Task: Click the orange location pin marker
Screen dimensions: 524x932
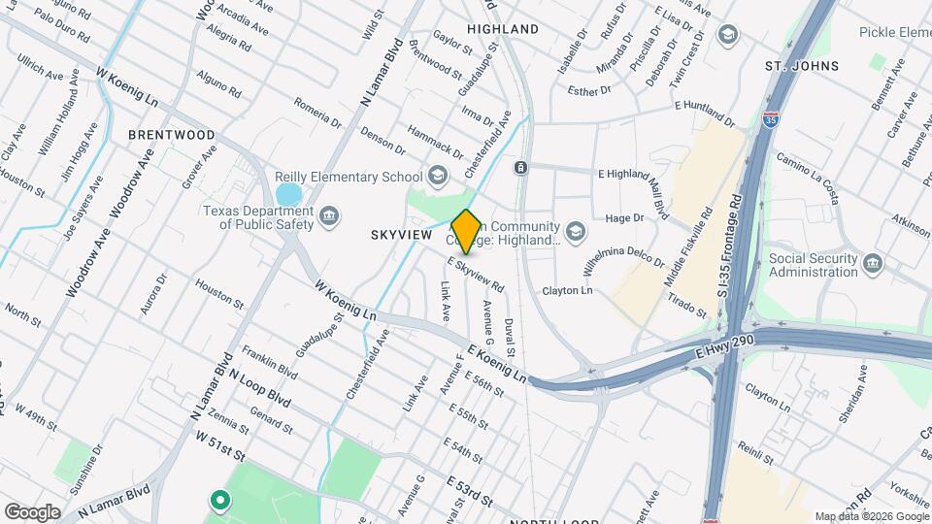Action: coord(467,231)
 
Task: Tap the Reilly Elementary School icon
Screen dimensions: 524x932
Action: coord(438,176)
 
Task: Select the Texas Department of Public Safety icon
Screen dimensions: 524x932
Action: coord(329,214)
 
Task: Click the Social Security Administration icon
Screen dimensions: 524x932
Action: coord(873,263)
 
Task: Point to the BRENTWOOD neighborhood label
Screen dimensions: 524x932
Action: coord(172,135)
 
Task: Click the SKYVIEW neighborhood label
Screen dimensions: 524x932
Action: coord(401,235)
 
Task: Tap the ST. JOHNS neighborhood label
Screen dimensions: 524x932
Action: coord(802,66)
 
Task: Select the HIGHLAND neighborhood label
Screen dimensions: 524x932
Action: coord(503,29)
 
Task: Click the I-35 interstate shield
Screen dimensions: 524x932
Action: coord(771,118)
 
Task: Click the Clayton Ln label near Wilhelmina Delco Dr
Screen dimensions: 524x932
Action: coord(567,291)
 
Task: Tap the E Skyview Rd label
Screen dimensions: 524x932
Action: coord(476,275)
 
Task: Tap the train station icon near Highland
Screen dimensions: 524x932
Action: coord(521,168)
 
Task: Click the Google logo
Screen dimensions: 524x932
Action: coord(32,511)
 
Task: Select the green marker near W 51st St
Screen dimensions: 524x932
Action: coord(220,501)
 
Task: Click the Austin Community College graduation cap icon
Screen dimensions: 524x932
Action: coord(577,231)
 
